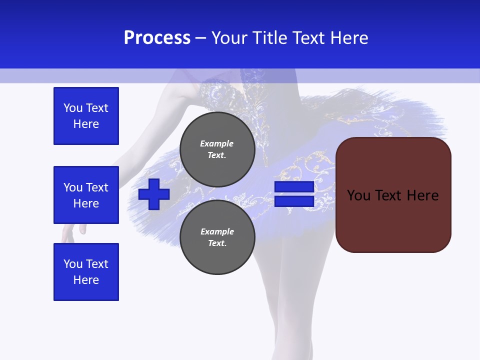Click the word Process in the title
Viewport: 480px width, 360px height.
click(157, 38)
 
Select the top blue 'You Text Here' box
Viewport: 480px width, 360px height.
click(86, 116)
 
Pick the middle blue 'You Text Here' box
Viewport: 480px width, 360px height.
click(86, 195)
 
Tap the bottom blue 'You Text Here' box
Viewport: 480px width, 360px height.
click(86, 272)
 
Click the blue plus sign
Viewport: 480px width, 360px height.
click(154, 194)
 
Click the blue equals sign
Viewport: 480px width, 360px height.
click(294, 194)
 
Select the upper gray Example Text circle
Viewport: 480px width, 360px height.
click(217, 149)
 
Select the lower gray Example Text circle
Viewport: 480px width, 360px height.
click(217, 237)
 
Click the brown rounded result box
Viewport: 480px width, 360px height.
click(393, 195)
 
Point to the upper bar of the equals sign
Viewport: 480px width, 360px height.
click(294, 187)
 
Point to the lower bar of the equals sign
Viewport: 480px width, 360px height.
click(294, 201)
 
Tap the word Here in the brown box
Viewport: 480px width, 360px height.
click(422, 195)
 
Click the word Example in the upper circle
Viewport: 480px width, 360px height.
click(217, 143)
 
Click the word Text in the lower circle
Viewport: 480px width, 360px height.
click(217, 243)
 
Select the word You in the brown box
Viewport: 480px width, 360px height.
click(358, 195)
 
